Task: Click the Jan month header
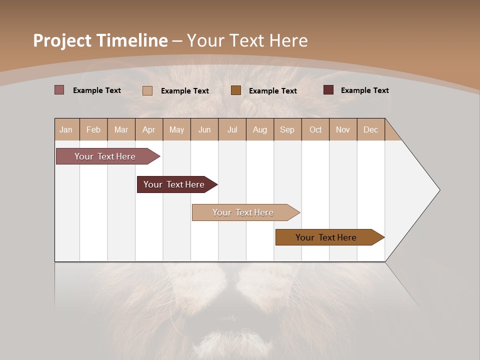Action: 66,129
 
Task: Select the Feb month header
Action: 93,129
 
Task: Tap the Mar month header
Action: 121,129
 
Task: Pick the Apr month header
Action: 149,129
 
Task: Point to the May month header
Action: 176,129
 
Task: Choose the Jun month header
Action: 204,129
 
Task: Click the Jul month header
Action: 232,129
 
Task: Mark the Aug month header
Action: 260,129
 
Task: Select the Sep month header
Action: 287,129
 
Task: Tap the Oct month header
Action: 315,129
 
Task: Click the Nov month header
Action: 343,129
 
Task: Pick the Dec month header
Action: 371,129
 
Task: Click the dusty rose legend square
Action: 59,90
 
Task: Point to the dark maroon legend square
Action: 328,90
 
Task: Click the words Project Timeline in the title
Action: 100,40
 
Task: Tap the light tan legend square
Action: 147,90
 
